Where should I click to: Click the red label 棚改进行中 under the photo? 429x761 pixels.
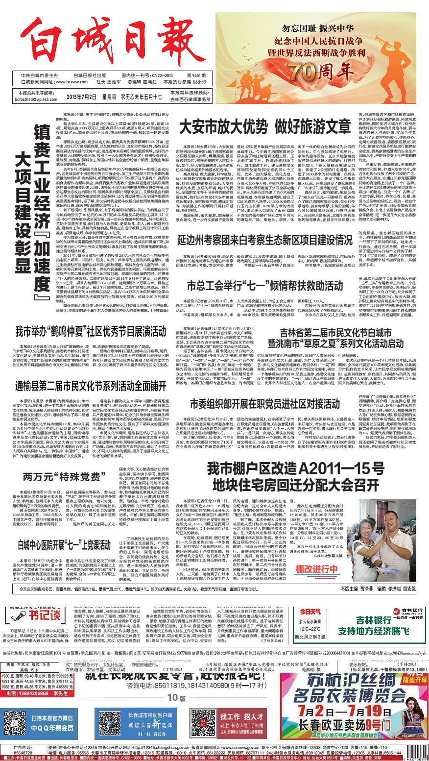click(331, 569)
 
